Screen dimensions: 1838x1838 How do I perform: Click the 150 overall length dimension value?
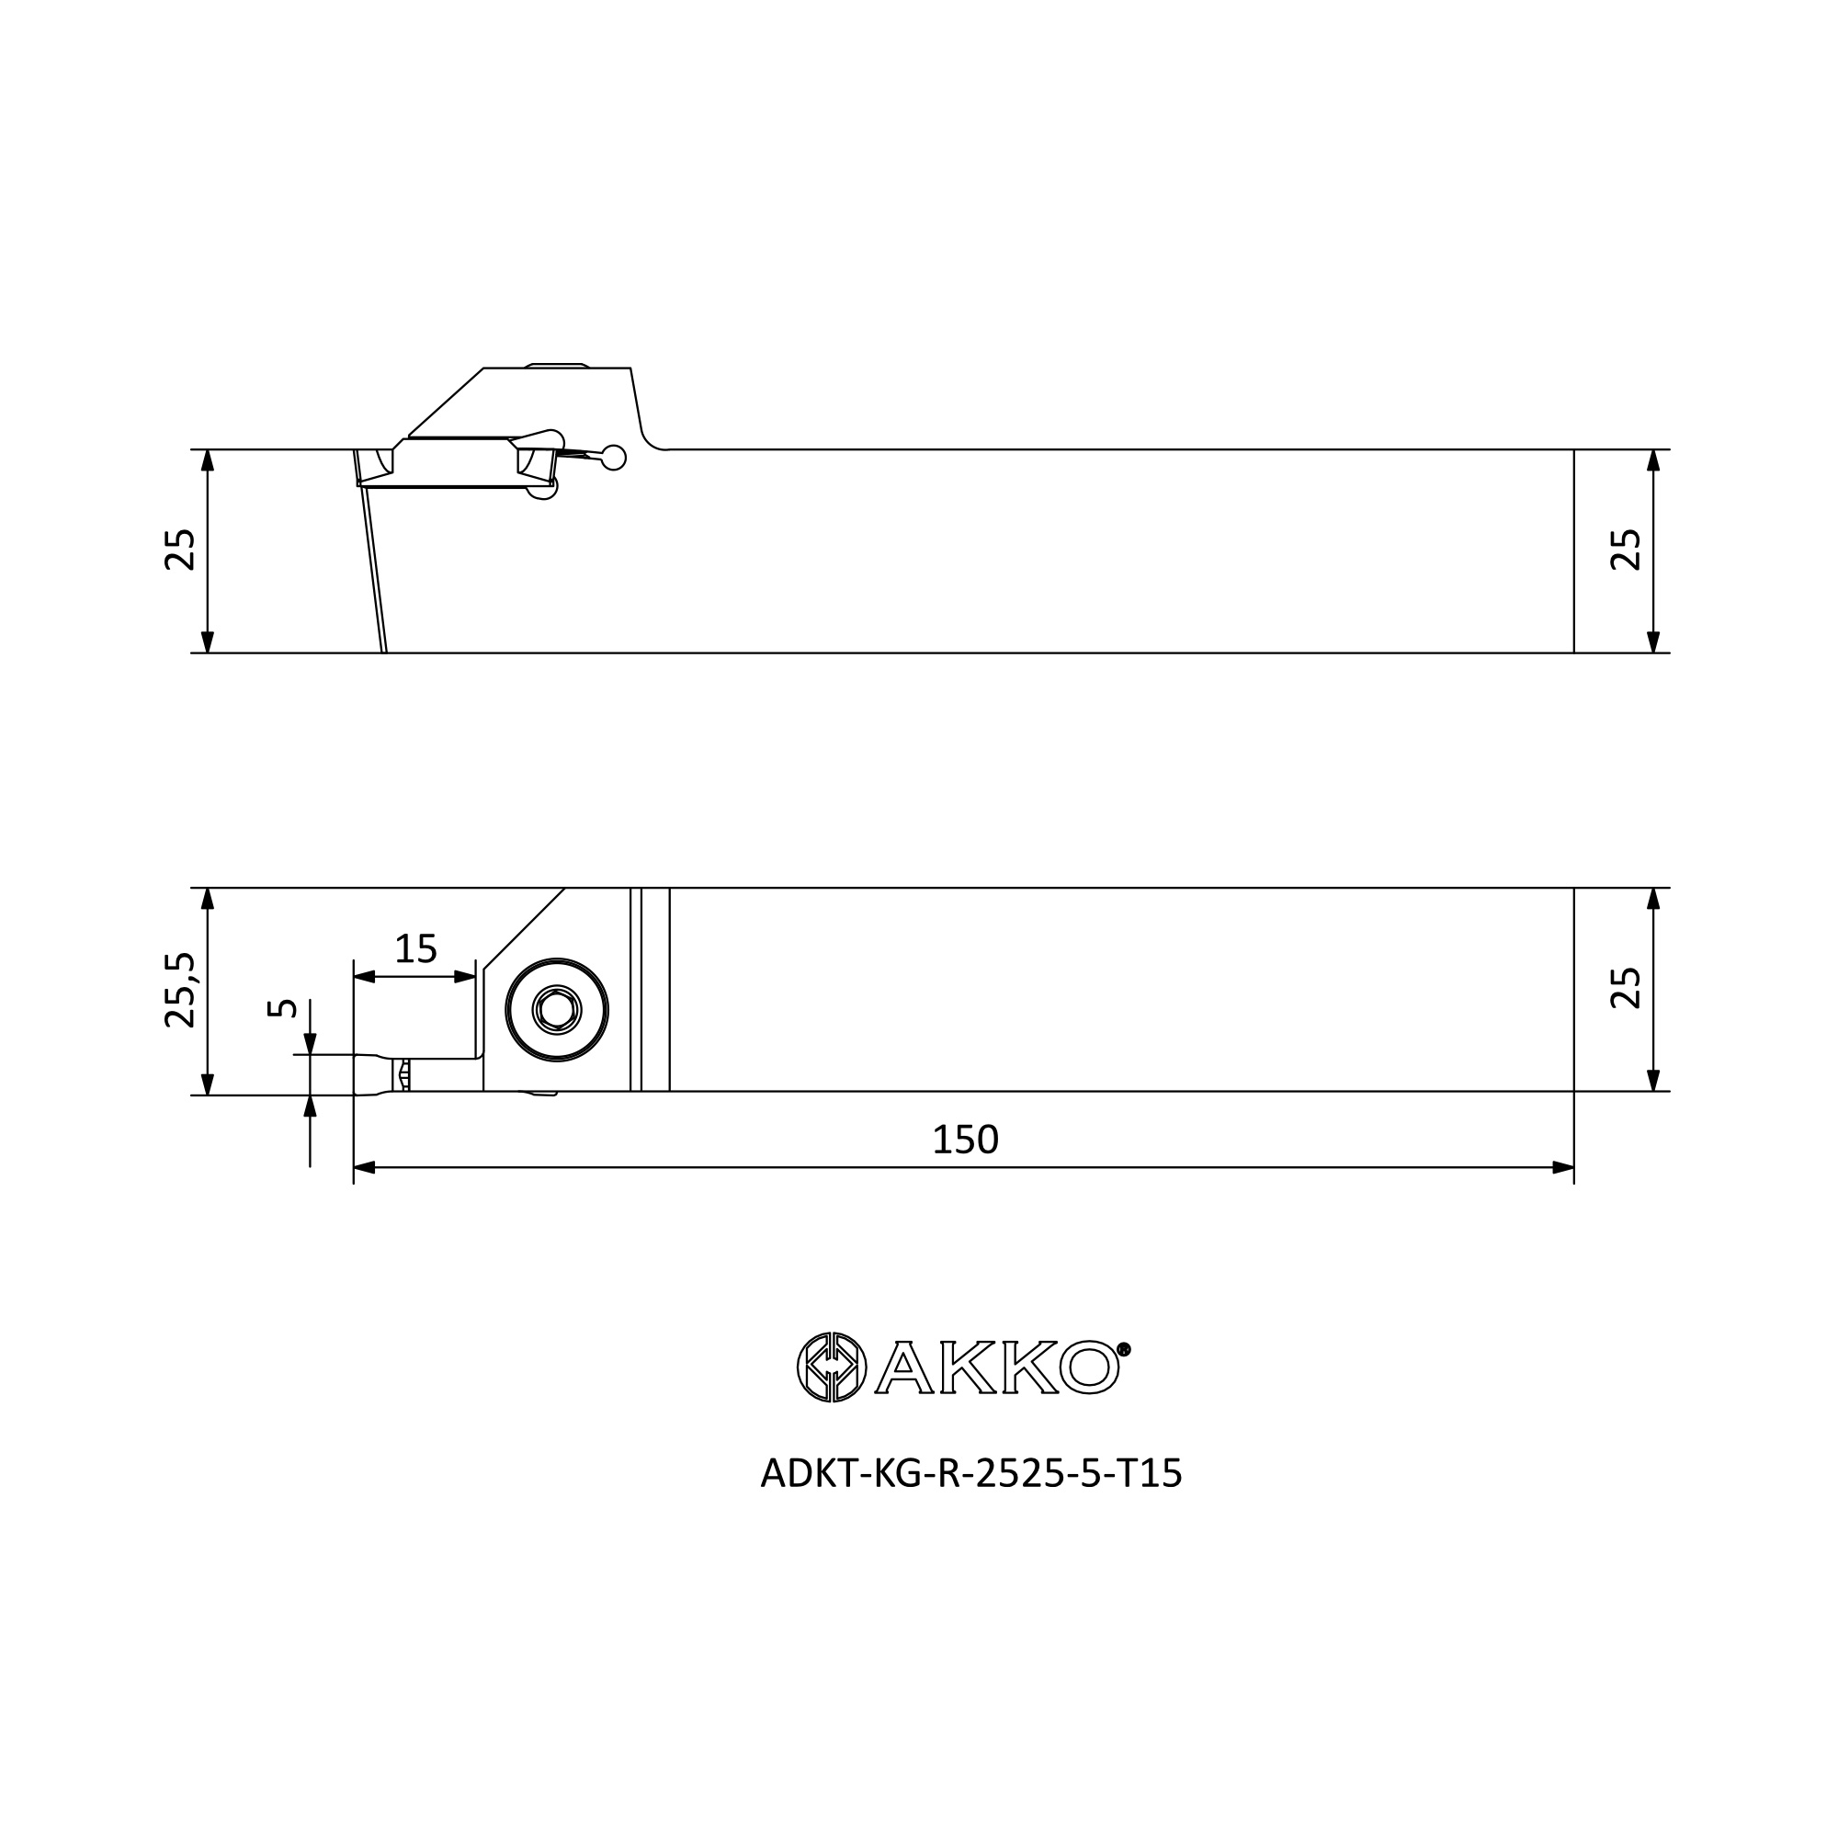point(965,1140)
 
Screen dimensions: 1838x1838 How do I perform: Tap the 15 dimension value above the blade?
point(415,948)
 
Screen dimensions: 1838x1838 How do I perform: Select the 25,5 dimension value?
point(180,991)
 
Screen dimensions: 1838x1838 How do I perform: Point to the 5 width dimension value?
point(282,1008)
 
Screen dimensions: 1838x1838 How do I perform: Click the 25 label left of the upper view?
point(180,550)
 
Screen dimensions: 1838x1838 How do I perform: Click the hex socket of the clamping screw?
point(557,1009)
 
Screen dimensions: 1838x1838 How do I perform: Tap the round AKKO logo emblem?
point(832,1367)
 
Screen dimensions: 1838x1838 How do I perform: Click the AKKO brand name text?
point(998,1367)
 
